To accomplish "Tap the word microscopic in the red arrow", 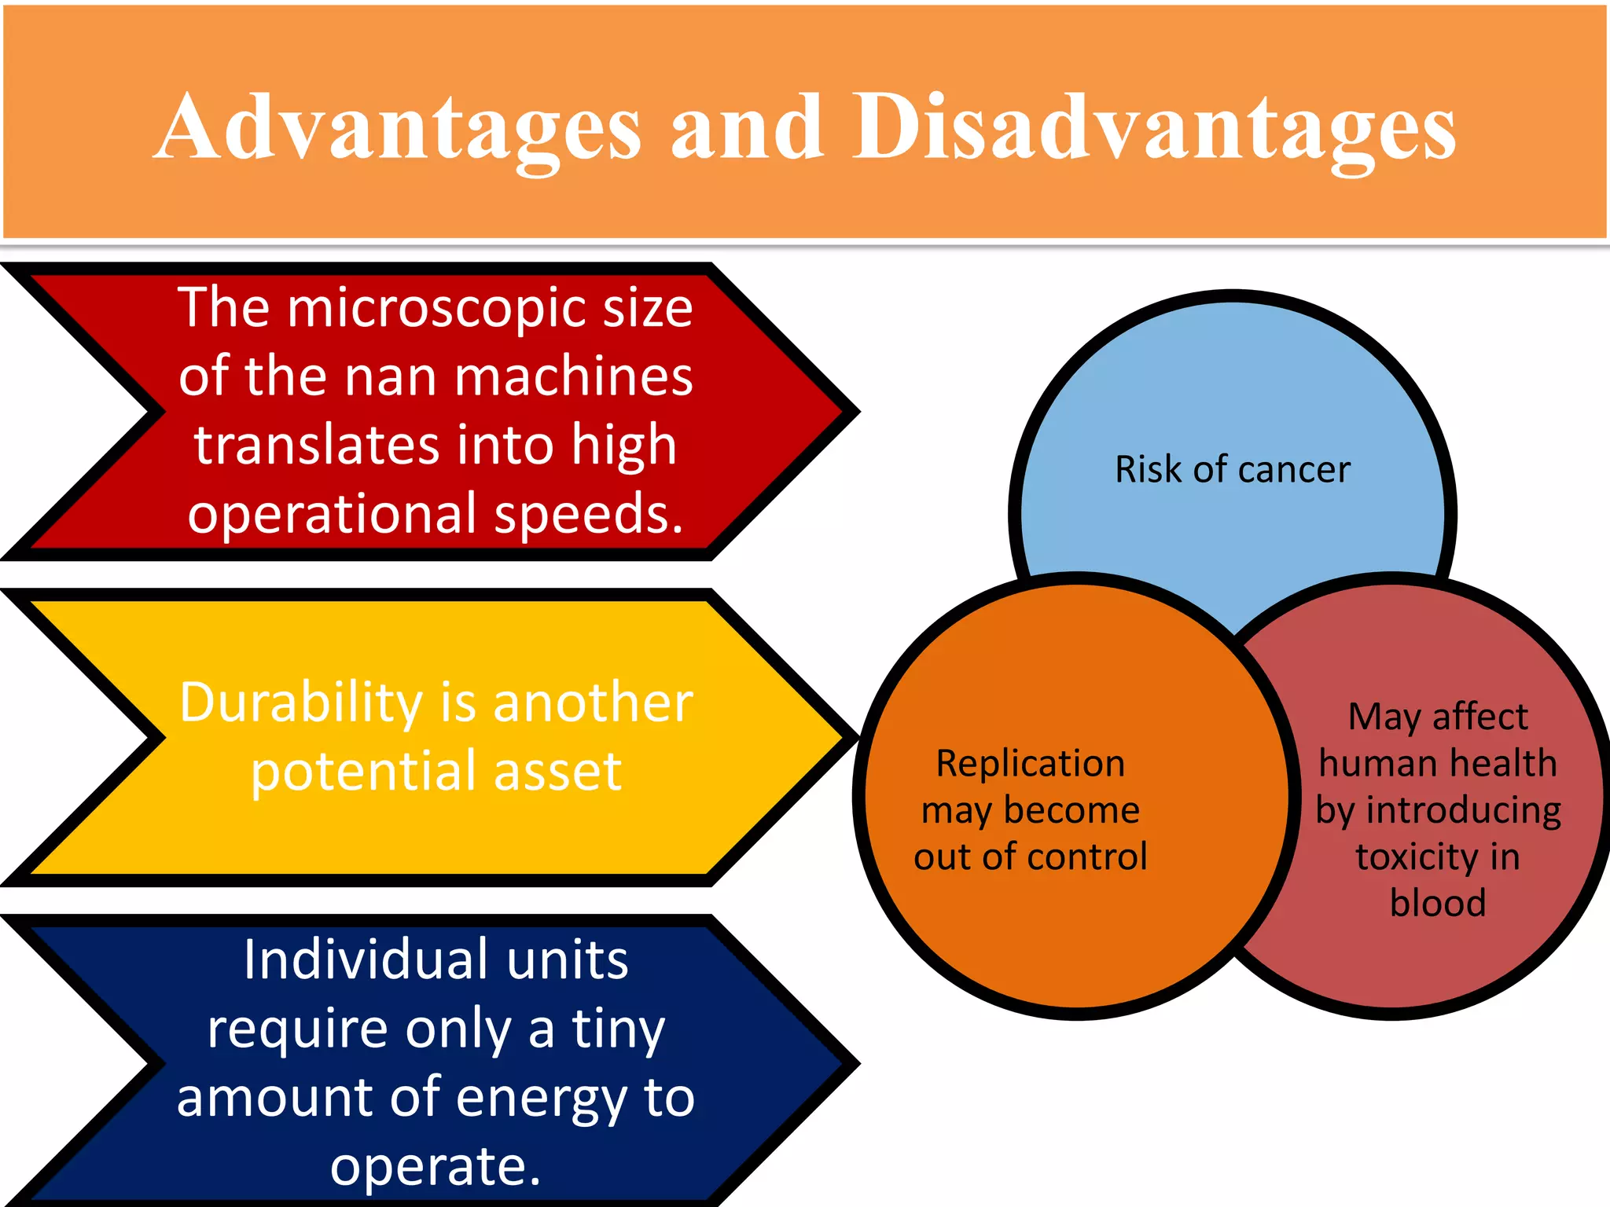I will pyautogui.click(x=437, y=308).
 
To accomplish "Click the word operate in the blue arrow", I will pyautogui.click(x=434, y=1166).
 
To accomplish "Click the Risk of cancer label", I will pyautogui.click(x=1232, y=470).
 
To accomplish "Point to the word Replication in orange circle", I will pyautogui.click(x=1030, y=764).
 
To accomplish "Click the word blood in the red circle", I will pyautogui.click(x=1437, y=904).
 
